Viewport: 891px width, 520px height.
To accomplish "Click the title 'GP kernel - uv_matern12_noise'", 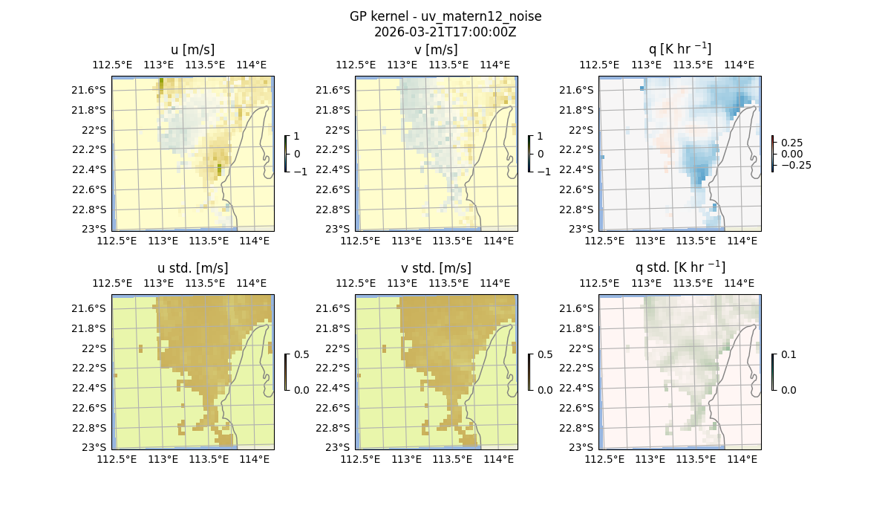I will [x=446, y=16].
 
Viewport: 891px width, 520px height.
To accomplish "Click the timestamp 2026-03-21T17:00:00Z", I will [x=446, y=32].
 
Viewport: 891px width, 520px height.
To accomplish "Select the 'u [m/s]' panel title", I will [x=192, y=50].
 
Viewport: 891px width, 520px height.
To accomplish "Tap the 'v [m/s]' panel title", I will [x=436, y=50].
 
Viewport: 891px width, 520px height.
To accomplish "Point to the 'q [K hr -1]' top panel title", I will [x=679, y=49].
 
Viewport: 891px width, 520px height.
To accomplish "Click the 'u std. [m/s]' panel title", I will [x=192, y=268].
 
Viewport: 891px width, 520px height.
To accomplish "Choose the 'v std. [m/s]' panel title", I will [x=436, y=268].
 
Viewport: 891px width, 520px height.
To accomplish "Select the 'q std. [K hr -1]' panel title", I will [x=679, y=267].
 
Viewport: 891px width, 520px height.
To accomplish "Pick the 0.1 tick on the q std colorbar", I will [x=788, y=354].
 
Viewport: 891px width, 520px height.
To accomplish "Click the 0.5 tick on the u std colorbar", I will [x=301, y=354].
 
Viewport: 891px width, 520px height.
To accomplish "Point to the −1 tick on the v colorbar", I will [x=544, y=171].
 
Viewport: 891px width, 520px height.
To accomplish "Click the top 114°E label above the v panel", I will [x=495, y=65].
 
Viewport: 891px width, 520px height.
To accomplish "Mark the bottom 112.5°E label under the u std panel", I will [x=117, y=460].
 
